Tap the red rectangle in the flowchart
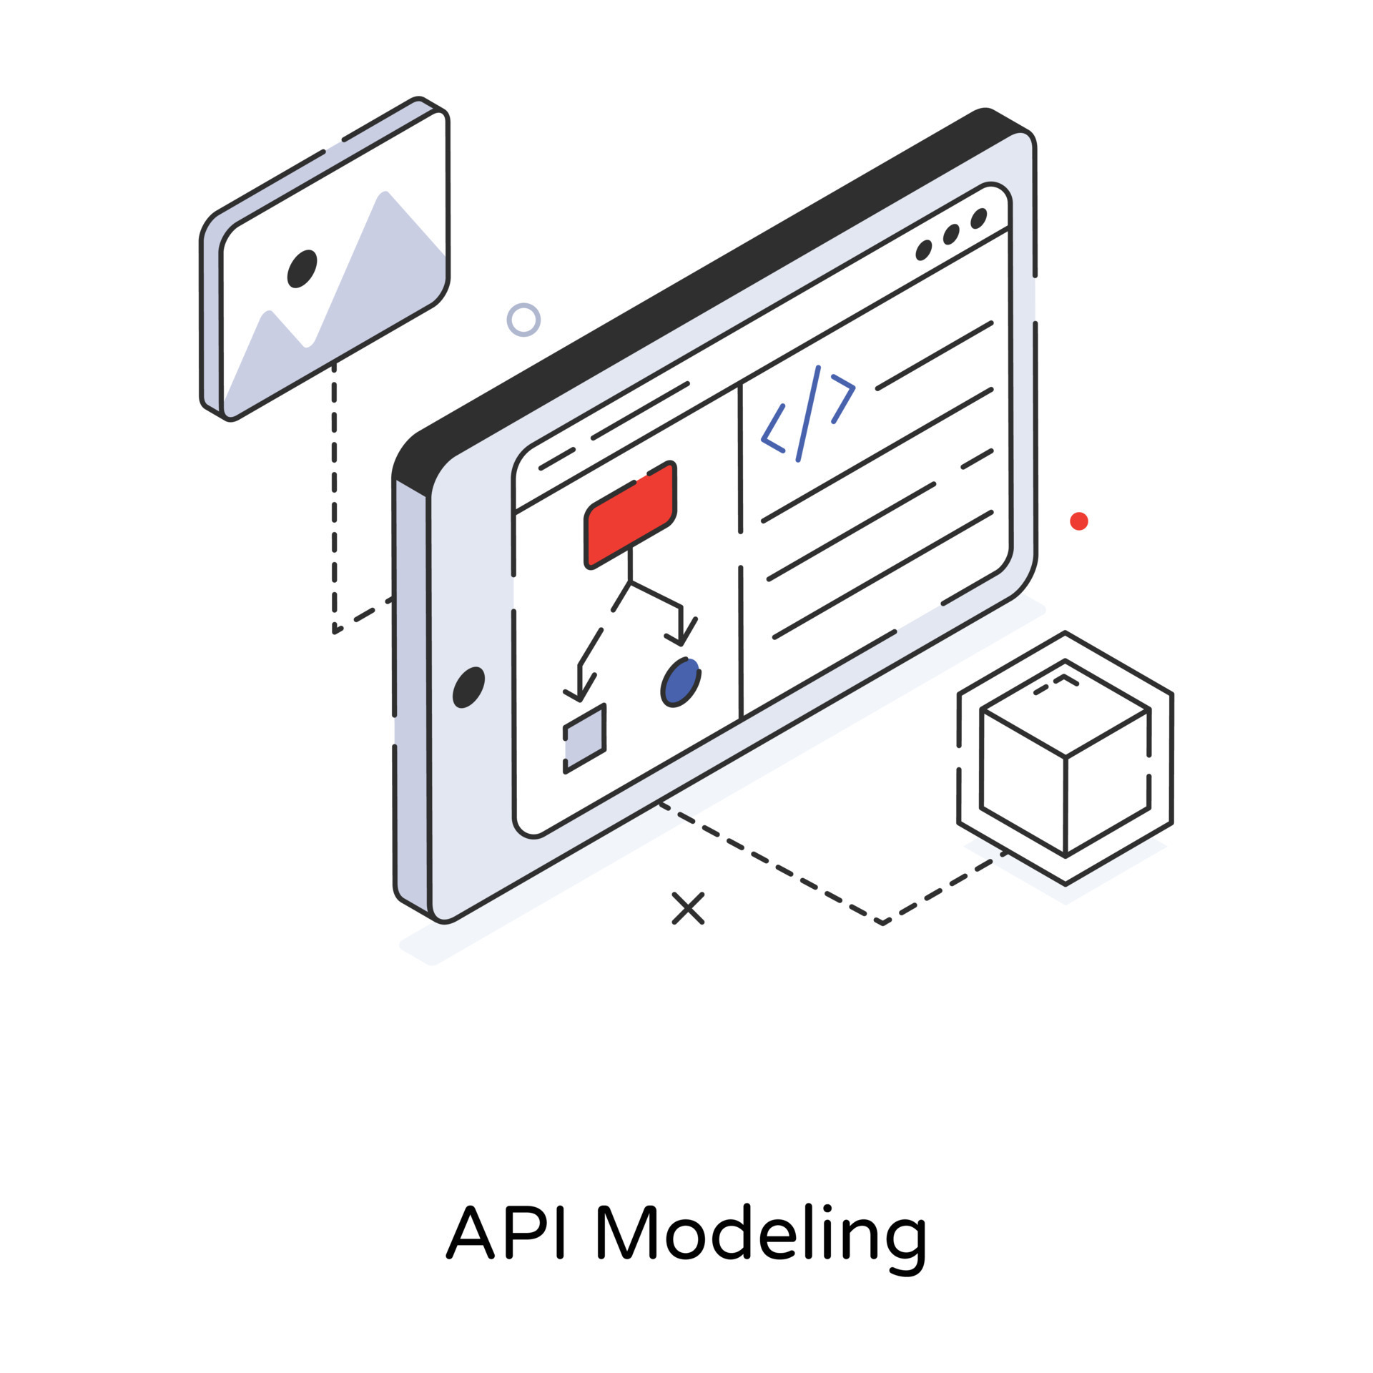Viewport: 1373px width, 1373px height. (x=630, y=516)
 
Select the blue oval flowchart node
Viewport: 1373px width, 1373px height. (x=680, y=682)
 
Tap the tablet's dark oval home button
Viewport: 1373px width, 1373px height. (x=469, y=687)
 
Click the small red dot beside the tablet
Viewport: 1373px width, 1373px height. (x=1078, y=521)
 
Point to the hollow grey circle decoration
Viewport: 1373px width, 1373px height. (x=523, y=320)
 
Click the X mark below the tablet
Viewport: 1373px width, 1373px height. (x=688, y=908)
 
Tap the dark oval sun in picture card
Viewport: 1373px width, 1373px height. (x=302, y=269)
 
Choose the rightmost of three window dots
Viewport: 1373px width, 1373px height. (x=978, y=219)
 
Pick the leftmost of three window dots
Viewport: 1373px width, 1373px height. (x=924, y=250)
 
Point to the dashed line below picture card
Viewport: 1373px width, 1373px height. (x=334, y=501)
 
